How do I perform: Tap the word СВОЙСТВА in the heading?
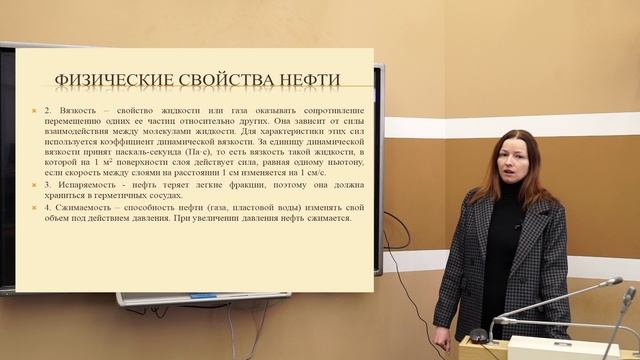[222, 80]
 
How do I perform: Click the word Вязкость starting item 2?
[67, 107]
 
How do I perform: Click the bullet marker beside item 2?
[34, 107]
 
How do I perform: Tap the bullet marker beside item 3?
[34, 186]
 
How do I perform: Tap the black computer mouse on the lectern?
[479, 334]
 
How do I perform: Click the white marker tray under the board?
[200, 298]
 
